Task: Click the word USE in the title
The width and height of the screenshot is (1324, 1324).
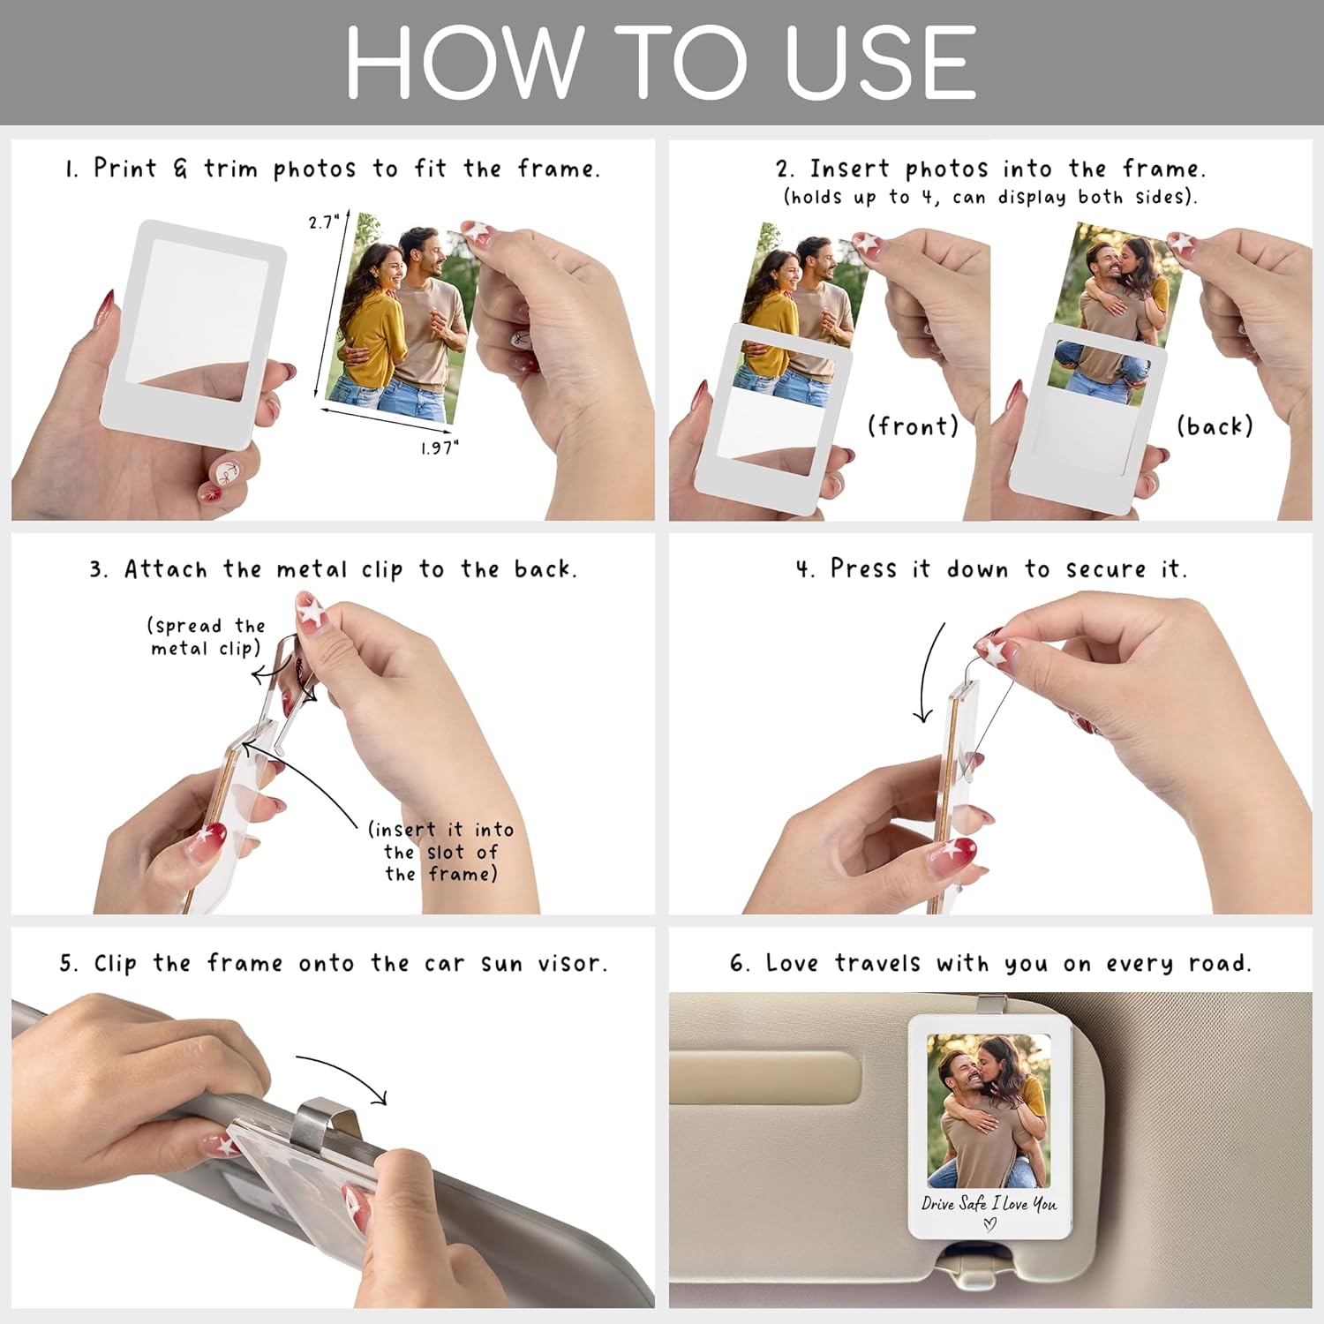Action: (880, 62)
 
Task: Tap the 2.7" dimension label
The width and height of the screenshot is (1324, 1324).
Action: (324, 222)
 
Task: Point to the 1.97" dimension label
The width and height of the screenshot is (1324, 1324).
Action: (440, 448)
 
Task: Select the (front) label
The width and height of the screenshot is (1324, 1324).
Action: (913, 426)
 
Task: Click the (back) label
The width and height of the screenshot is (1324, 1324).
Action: (1215, 426)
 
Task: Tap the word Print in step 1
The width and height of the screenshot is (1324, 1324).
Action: (125, 168)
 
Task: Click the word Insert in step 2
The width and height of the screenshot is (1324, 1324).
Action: (849, 168)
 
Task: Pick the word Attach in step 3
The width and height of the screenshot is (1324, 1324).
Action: (165, 569)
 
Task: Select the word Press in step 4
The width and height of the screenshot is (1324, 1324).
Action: (864, 568)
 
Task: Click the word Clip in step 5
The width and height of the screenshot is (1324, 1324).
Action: (116, 963)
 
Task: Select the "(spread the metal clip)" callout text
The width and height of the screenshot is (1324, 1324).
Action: (206, 637)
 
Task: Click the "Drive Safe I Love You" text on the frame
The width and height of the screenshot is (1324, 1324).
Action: (989, 1203)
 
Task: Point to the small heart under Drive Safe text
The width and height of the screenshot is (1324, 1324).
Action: (989, 1224)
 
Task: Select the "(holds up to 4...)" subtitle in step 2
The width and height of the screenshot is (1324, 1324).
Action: (989, 197)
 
